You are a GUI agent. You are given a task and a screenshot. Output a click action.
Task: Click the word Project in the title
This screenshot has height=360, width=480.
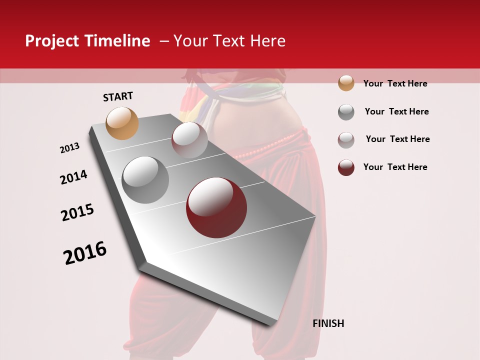52,41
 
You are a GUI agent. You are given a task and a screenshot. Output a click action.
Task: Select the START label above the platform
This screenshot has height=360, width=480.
118,96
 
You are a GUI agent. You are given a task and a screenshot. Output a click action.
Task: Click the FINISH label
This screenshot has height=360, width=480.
328,323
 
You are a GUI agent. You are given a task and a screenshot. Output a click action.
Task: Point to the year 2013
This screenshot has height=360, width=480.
69,148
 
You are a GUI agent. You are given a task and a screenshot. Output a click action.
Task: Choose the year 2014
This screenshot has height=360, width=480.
73,177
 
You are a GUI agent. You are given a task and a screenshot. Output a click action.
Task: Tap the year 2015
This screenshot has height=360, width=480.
77,212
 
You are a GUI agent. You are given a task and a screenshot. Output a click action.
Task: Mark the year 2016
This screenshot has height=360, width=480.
85,252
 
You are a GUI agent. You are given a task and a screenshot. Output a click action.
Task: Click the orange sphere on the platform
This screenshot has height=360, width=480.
122,123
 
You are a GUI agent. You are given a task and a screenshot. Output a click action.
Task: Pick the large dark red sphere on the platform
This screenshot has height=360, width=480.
216,207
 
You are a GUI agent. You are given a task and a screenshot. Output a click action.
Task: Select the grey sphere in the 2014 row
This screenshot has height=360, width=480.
145,179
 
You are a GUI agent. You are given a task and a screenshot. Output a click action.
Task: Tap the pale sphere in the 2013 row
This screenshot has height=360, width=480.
189,140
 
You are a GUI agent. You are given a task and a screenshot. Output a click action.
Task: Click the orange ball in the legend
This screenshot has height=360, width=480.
346,83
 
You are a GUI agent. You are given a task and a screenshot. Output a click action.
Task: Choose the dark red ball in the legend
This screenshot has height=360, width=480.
346,167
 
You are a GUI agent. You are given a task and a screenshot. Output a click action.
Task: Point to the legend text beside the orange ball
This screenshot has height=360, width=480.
395,83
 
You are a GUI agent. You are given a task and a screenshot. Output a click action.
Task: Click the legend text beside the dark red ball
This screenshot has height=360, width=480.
395,167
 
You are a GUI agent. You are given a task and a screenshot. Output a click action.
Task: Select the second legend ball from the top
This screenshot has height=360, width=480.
346,112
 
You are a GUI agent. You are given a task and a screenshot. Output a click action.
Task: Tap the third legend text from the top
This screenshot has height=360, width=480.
397,139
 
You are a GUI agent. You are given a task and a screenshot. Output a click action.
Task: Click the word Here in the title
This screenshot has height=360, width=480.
268,41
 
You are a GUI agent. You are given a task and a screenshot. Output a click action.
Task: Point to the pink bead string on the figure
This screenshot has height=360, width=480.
265,149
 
